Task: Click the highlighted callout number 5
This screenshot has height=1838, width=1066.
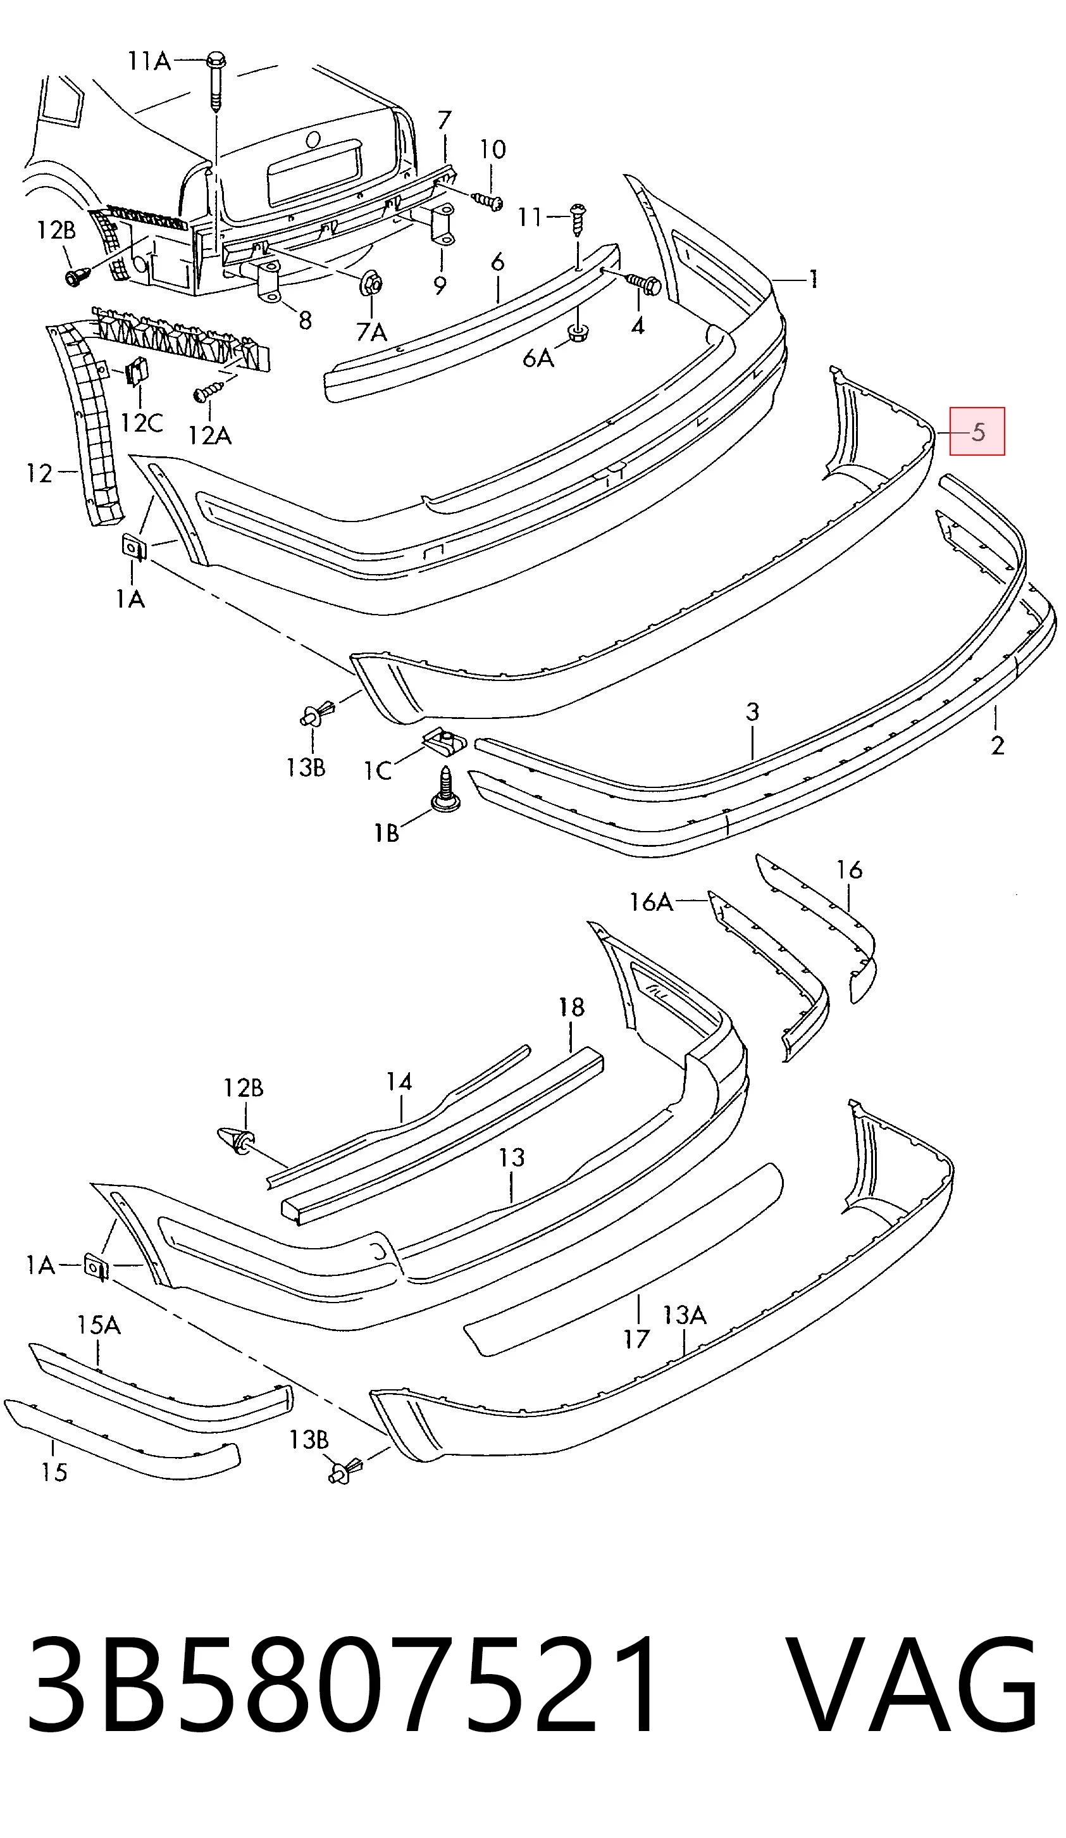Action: [x=977, y=432]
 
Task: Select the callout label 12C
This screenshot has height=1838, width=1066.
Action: [x=142, y=422]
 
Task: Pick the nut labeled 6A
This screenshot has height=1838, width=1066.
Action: [x=578, y=335]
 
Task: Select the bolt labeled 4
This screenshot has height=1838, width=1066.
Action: [x=642, y=284]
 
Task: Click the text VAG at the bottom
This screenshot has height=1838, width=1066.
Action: [x=913, y=1704]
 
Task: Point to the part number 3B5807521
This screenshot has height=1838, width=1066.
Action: [x=341, y=1704]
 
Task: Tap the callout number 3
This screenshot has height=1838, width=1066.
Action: [x=752, y=711]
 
